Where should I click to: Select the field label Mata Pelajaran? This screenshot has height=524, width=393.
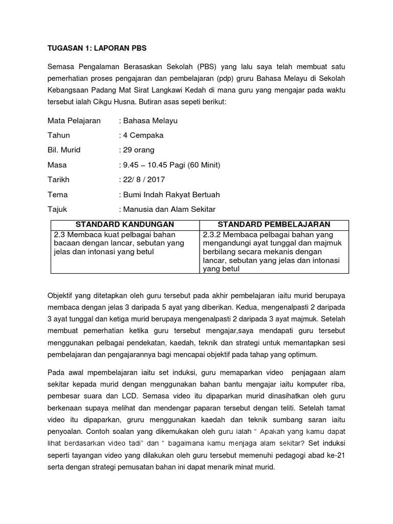(x=74, y=121)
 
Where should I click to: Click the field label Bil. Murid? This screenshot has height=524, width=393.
(x=64, y=150)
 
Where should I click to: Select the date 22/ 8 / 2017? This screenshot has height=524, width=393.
(x=143, y=180)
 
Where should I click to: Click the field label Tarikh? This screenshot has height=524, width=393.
(x=58, y=180)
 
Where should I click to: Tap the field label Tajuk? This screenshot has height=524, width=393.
(x=57, y=210)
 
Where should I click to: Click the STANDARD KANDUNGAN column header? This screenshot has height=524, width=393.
(x=125, y=225)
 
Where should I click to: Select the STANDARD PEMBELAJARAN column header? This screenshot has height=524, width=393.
(x=274, y=225)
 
